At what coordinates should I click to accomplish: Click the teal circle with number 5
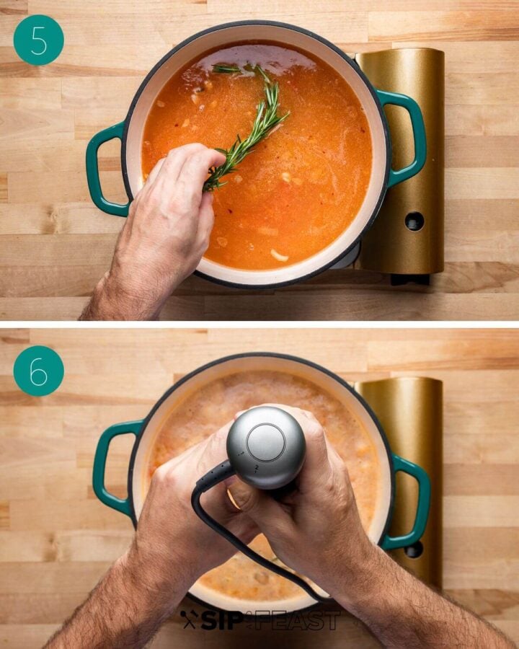[38, 40]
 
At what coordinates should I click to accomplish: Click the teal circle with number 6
[38, 371]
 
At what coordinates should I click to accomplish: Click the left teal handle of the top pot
[101, 169]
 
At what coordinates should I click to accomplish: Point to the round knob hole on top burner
[414, 221]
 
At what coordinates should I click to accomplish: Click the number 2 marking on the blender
[253, 468]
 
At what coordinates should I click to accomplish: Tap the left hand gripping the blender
[180, 505]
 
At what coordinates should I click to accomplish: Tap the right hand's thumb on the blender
[249, 498]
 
